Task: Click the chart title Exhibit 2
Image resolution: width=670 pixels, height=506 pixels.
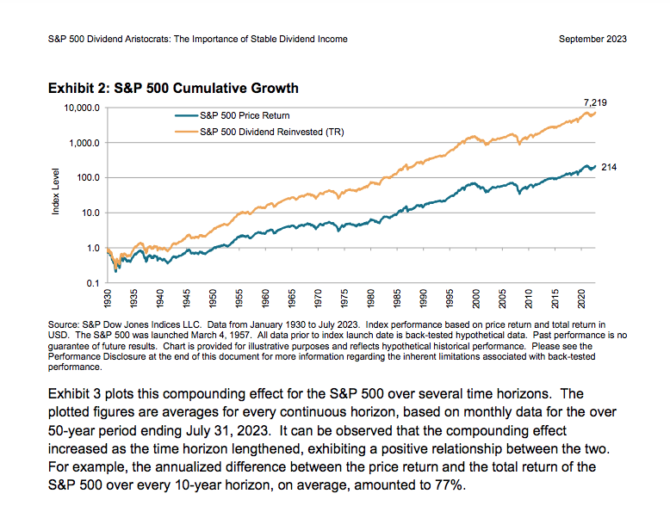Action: (x=173, y=88)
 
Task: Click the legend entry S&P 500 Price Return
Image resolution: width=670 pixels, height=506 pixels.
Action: (x=244, y=114)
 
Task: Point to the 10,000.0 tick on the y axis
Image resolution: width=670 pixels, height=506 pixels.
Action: (x=82, y=108)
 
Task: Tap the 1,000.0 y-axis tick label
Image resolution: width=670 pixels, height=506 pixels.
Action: (x=84, y=143)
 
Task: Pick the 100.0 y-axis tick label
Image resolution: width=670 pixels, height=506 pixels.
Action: (x=88, y=178)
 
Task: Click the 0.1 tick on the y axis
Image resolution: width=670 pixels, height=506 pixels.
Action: (x=94, y=283)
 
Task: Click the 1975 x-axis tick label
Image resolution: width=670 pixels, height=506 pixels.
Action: (x=344, y=299)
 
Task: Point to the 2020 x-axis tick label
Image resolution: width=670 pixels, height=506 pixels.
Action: (x=582, y=299)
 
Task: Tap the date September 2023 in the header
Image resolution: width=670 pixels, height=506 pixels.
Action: (x=592, y=39)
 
